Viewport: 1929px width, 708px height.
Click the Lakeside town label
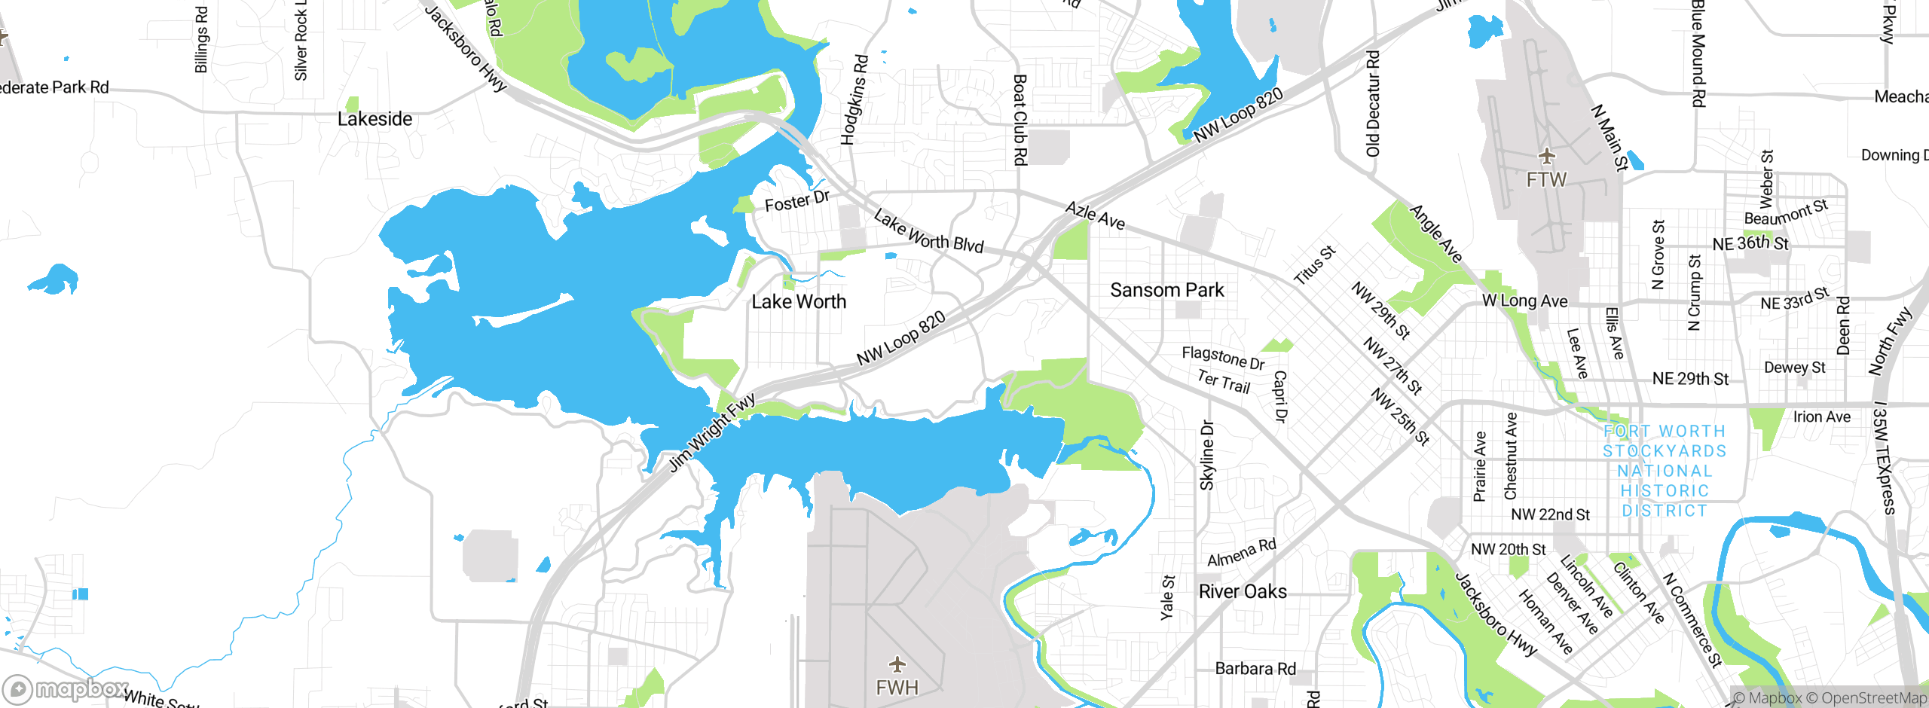coord(374,119)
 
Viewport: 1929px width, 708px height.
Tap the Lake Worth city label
coord(799,302)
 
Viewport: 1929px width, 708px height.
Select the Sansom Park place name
coord(1166,290)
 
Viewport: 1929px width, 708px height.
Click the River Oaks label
coord(1243,592)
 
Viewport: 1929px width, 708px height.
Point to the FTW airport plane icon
coord(1547,157)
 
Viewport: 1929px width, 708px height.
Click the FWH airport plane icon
coord(897,664)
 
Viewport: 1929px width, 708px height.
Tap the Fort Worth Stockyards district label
coord(1665,471)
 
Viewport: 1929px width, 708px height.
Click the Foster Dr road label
coord(796,201)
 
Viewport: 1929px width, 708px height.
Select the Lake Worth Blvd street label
coord(928,231)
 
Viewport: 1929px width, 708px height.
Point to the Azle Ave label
coord(1095,216)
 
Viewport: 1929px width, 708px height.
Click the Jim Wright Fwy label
coord(712,432)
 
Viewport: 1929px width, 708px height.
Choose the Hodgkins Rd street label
coord(854,99)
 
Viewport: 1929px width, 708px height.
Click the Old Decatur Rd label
coord(1373,103)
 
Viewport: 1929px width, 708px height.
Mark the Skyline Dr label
coord(1207,455)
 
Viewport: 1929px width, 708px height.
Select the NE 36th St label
coord(1750,244)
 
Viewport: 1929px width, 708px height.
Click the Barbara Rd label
coord(1255,669)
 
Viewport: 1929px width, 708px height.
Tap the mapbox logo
coord(66,689)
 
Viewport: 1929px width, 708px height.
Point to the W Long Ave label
coord(1524,301)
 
